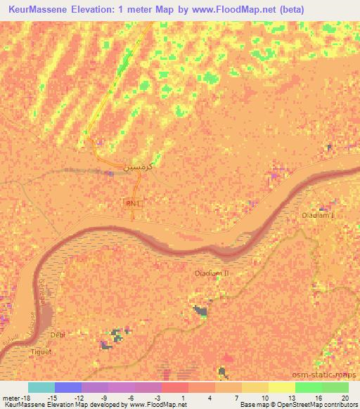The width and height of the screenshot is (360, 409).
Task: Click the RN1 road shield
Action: (x=131, y=203)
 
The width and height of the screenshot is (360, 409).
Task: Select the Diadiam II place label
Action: (x=212, y=271)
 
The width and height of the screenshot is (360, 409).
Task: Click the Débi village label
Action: (x=58, y=335)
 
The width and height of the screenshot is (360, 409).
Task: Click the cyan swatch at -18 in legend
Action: (x=41, y=387)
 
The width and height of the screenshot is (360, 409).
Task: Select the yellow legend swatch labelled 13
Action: (x=281, y=387)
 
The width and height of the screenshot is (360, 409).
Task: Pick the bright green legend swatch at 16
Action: (x=308, y=387)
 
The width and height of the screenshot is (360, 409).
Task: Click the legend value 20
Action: (x=344, y=398)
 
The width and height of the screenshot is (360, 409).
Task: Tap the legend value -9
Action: (x=103, y=398)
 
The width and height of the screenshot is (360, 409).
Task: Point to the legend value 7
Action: (x=237, y=398)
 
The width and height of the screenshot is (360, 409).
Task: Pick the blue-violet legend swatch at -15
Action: (x=68, y=387)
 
